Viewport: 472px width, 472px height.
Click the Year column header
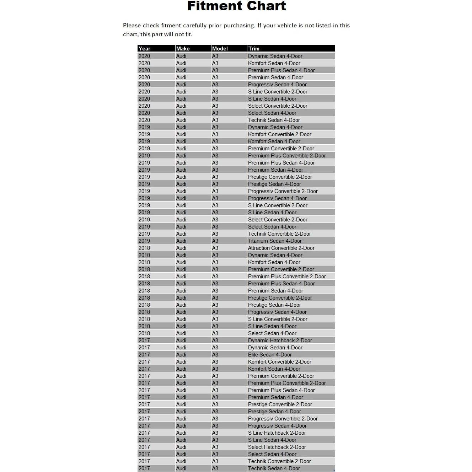(x=145, y=49)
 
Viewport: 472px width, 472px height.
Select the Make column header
(x=183, y=49)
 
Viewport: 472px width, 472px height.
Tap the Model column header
(x=220, y=49)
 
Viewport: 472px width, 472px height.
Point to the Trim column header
(x=254, y=49)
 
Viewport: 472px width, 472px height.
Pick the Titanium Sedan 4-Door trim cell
(x=275, y=241)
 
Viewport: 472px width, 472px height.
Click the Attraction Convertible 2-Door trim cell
(x=281, y=248)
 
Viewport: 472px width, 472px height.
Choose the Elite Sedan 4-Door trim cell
(x=270, y=355)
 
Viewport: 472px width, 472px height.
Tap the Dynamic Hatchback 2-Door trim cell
(x=280, y=340)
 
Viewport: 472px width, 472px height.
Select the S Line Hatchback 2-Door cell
(x=277, y=433)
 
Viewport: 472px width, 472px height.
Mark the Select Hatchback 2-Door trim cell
(x=277, y=447)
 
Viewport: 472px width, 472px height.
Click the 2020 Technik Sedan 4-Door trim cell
(x=274, y=120)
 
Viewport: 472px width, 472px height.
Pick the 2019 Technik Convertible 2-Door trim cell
(x=279, y=234)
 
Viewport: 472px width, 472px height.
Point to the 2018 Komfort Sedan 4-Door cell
(x=274, y=262)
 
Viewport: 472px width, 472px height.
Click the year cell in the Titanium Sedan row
(x=144, y=241)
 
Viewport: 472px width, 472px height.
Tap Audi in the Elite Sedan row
(x=181, y=355)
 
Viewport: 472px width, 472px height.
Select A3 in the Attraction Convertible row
(x=215, y=248)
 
